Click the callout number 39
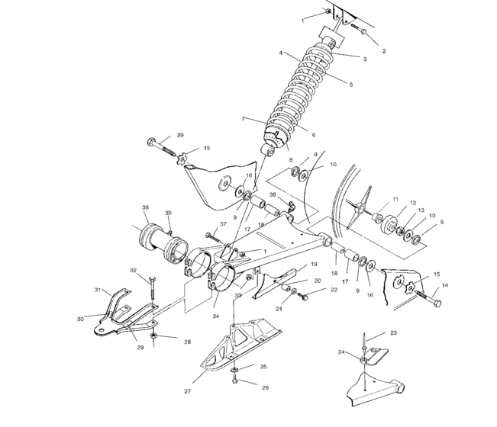pyautogui.click(x=180, y=134)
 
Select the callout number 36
pyautogui.click(x=145, y=207)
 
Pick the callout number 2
pyautogui.click(x=383, y=51)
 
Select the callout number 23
pyautogui.click(x=394, y=333)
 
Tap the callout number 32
pyautogui.click(x=132, y=271)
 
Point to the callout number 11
pyautogui.click(x=395, y=199)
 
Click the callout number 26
pyautogui.click(x=265, y=387)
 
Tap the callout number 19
pyautogui.click(x=314, y=264)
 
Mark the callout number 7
pyautogui.click(x=244, y=119)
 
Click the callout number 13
pyautogui.click(x=422, y=210)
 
